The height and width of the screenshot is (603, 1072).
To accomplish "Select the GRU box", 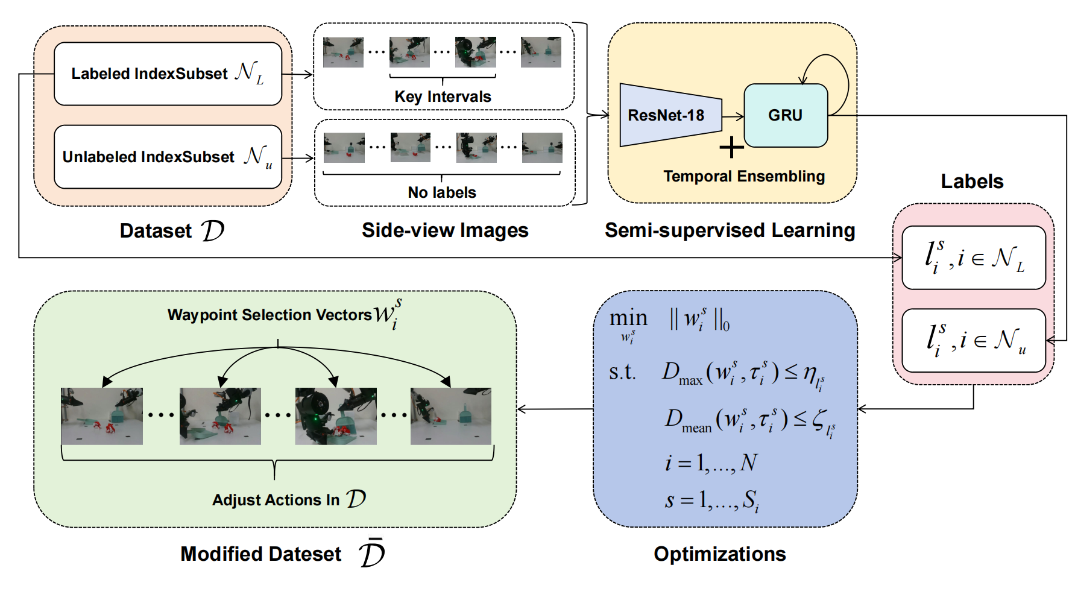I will click(x=785, y=115).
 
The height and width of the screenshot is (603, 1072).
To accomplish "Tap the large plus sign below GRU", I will click(x=732, y=147).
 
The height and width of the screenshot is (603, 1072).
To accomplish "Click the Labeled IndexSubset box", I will click(x=168, y=74).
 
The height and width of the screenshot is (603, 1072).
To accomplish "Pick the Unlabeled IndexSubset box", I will click(x=168, y=157).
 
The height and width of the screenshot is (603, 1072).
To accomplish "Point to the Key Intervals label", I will click(x=443, y=96).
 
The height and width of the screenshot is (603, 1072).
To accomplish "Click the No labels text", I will click(x=442, y=192).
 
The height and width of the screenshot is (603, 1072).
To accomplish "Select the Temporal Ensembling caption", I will click(x=744, y=176).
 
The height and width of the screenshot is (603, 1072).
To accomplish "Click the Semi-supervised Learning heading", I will click(x=730, y=230).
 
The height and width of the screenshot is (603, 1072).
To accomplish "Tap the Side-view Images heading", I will click(x=445, y=230).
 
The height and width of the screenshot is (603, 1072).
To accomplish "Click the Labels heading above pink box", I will click(x=972, y=182).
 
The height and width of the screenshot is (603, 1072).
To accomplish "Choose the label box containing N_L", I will click(x=973, y=258).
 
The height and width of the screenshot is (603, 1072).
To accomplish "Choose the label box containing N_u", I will click(x=973, y=341).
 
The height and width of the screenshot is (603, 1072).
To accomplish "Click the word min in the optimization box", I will click(x=628, y=318).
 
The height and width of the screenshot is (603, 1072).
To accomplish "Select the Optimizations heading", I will click(x=719, y=554).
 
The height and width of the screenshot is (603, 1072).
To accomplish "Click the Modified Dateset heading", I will click(x=260, y=554).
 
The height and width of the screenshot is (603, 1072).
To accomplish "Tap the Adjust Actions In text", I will click(x=276, y=500).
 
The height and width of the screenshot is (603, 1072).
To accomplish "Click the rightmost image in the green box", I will click(x=450, y=416).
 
